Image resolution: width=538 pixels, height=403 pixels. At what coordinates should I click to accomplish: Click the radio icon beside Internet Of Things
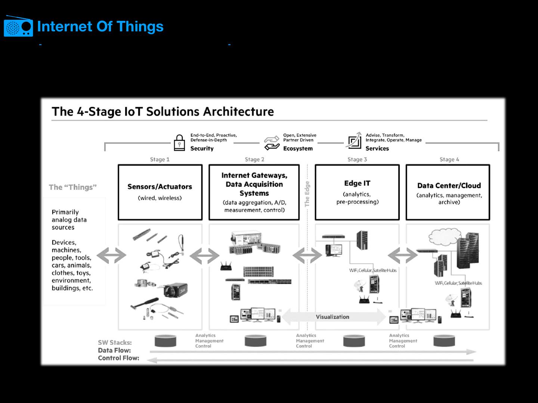coord(18,26)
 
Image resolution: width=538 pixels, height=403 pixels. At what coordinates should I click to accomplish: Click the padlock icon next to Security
coord(179,143)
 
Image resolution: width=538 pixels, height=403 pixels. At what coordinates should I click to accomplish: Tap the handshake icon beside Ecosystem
coord(272,143)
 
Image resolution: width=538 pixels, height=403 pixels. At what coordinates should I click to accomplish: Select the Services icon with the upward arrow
coord(354,141)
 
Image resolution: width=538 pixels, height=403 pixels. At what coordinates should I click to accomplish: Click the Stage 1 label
coord(160,159)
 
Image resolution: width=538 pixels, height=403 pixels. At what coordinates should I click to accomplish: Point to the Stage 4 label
coord(449,159)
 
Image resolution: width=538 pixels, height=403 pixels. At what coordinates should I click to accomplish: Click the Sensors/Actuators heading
coord(160,187)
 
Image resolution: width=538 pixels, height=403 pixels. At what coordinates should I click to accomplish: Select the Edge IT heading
coord(357,183)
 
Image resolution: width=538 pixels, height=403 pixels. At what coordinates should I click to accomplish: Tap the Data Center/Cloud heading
coord(449,185)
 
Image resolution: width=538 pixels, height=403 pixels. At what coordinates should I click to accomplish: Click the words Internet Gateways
coord(254,175)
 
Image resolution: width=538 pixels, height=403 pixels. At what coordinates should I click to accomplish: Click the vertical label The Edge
coord(307,194)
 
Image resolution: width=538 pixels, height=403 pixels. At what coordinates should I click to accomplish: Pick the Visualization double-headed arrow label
coord(333,317)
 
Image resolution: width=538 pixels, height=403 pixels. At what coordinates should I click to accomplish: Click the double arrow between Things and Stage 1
coord(111,256)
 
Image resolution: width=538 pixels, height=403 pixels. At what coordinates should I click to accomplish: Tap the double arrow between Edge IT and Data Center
coord(402,256)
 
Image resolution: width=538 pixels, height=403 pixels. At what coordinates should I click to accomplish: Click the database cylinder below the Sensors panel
coord(165,341)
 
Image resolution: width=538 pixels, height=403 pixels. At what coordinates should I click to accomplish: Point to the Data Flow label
coord(114,350)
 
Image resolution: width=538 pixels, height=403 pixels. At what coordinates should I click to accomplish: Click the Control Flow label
coord(118,358)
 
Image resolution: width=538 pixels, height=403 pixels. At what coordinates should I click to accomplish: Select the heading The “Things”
coord(72,187)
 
